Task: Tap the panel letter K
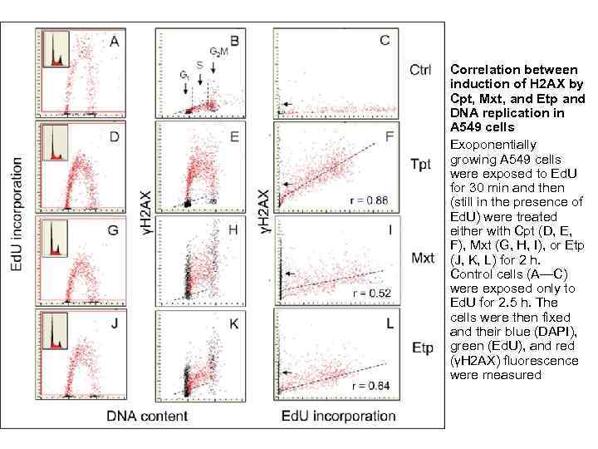(x=234, y=323)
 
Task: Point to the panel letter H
(x=234, y=229)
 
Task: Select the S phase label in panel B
(x=199, y=64)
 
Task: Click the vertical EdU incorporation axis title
(x=16, y=220)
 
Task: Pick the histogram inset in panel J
(x=56, y=333)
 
